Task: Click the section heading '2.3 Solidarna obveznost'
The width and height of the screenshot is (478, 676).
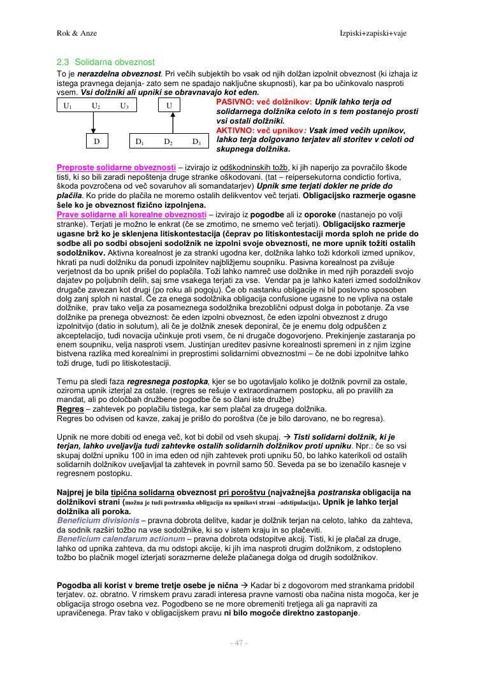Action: [x=106, y=62]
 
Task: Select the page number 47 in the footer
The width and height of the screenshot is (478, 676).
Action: [x=238, y=643]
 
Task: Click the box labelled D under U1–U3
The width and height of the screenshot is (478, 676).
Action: [x=96, y=140]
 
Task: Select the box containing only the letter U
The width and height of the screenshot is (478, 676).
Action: [x=168, y=105]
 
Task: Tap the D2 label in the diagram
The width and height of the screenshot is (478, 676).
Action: [x=168, y=141]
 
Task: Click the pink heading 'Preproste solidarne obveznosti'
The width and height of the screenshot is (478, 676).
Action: [x=117, y=167]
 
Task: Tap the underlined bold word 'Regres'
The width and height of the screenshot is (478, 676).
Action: [x=70, y=408]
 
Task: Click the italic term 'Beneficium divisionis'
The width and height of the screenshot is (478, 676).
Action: [x=97, y=521]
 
